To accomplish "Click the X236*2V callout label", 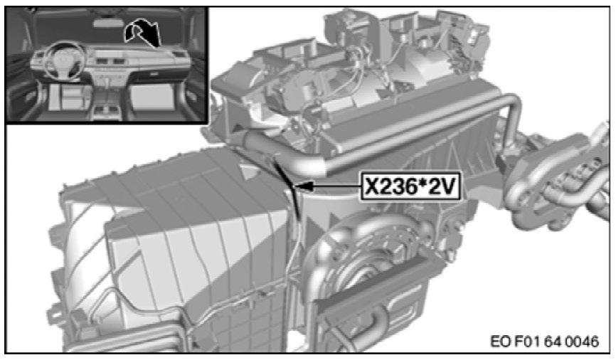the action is point(410,186).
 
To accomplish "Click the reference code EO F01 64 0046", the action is point(544,341).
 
